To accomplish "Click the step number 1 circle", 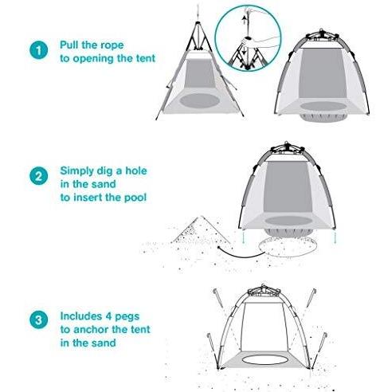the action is pyautogui.click(x=39, y=50).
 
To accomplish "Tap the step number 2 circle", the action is pyautogui.click(x=39, y=176).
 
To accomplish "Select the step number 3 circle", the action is pyautogui.click(x=39, y=319).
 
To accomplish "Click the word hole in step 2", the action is pyautogui.click(x=136, y=171).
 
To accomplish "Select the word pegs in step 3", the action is pyautogui.click(x=126, y=317).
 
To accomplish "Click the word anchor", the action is pyautogui.click(x=91, y=330).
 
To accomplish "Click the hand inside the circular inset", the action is pyautogui.click(x=249, y=41).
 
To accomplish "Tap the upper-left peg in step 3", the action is pyautogui.click(x=218, y=298).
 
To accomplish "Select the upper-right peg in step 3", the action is pyautogui.click(x=311, y=298).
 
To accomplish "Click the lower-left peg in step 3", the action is pyautogui.click(x=214, y=351).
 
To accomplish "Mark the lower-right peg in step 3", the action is pyautogui.click(x=318, y=350).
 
